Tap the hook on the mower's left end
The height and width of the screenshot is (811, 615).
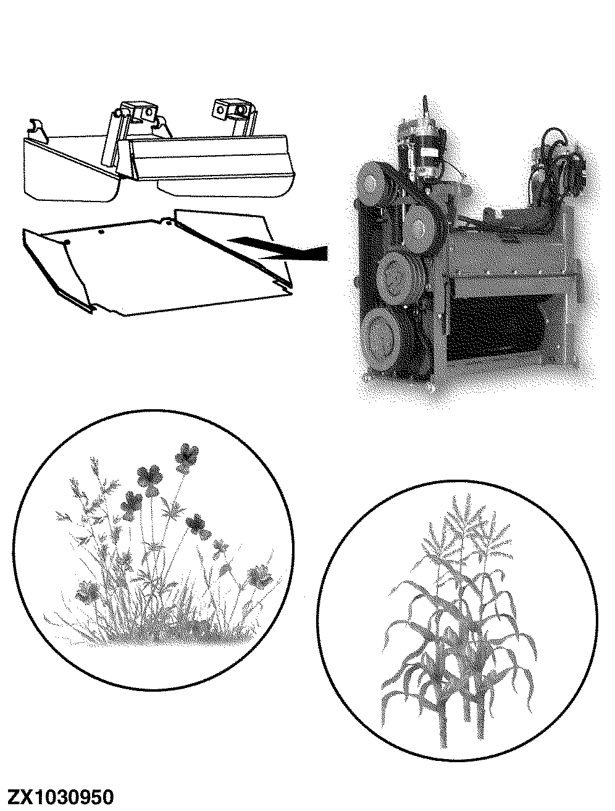36,127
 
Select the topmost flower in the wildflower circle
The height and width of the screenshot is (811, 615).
186,458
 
